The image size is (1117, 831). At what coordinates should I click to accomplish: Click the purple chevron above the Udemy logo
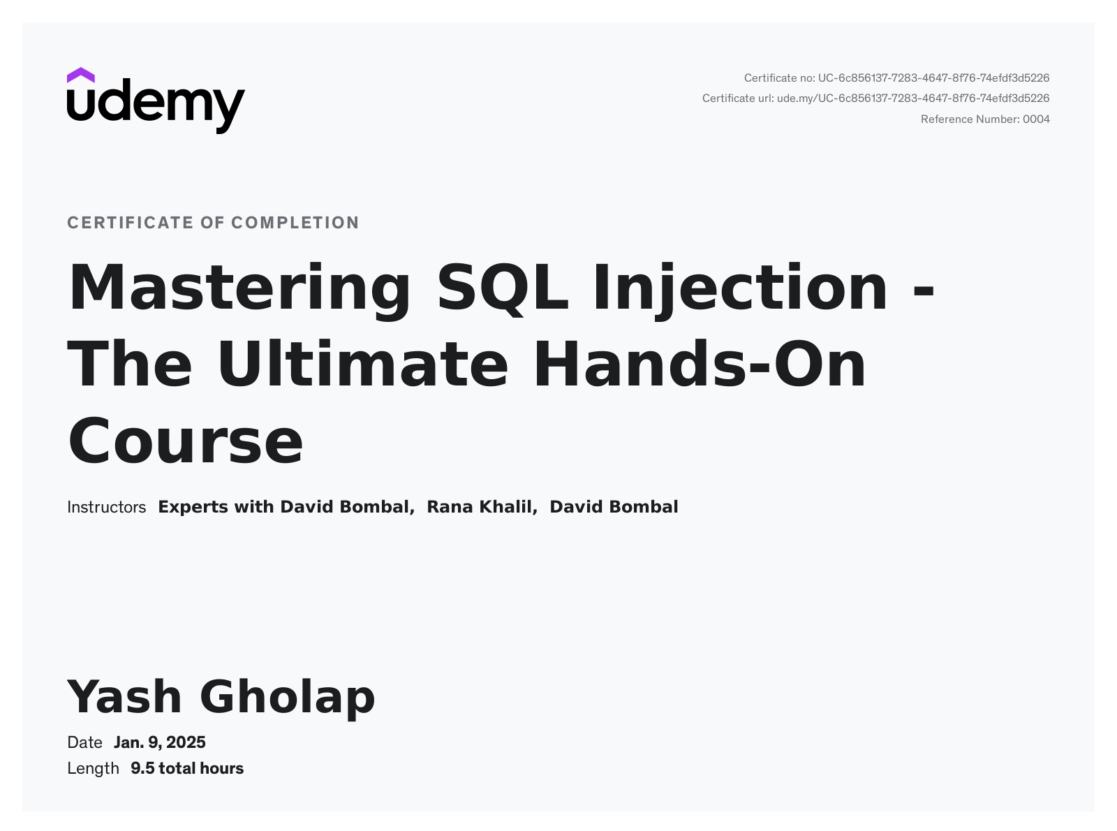click(x=81, y=75)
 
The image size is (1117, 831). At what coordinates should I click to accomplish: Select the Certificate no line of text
click(x=896, y=78)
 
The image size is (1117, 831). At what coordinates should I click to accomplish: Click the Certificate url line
click(x=875, y=98)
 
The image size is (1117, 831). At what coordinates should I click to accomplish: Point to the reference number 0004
click(x=1036, y=119)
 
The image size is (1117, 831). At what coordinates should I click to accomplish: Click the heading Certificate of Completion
click(x=213, y=223)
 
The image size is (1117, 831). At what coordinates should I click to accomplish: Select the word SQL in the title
click(x=503, y=288)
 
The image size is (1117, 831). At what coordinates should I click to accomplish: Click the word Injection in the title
click(x=740, y=288)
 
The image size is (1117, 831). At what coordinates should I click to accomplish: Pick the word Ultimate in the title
click(x=362, y=365)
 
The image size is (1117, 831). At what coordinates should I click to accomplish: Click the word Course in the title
click(x=185, y=441)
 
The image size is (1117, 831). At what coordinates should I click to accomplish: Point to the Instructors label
click(x=106, y=507)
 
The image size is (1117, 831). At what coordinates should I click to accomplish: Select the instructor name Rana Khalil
click(x=481, y=507)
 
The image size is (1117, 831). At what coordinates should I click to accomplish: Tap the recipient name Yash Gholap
click(x=221, y=697)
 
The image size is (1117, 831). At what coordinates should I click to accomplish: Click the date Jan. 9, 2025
click(x=159, y=742)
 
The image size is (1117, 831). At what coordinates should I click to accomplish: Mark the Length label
click(x=93, y=768)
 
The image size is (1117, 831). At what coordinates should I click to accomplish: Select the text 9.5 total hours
click(x=187, y=768)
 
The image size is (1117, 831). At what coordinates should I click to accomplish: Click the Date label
click(x=84, y=742)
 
